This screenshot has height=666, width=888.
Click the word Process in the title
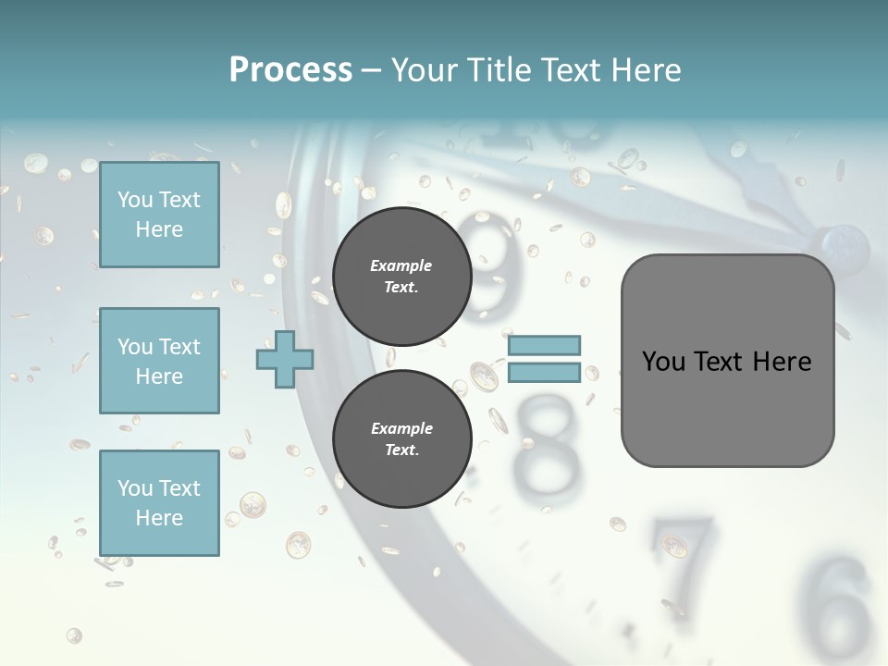pos(290,69)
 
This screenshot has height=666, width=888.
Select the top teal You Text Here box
pos(159,215)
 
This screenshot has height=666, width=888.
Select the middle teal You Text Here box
pos(159,361)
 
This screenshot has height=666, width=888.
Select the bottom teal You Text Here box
pos(159,503)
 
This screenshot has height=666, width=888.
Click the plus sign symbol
pos(285,359)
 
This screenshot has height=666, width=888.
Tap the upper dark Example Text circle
pos(402,276)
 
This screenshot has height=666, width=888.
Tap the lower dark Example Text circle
pos(402,438)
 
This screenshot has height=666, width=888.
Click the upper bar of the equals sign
pos(544,345)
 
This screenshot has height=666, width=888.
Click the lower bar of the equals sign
pos(544,372)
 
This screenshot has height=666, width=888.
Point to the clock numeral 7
pos(684,550)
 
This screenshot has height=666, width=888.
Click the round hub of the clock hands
pos(845,246)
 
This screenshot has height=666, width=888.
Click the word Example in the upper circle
pos(401,265)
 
